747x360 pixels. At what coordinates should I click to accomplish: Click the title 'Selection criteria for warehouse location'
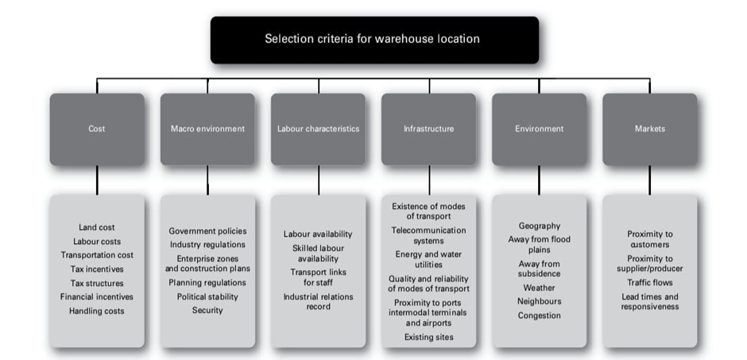click(373, 39)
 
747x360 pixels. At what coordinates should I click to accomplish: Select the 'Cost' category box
click(97, 129)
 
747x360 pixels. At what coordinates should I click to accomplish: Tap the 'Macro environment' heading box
click(207, 129)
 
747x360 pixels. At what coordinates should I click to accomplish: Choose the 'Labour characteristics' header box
click(318, 129)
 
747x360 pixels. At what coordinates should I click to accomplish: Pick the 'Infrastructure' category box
click(428, 129)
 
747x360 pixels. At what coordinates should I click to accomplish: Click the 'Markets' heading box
click(649, 129)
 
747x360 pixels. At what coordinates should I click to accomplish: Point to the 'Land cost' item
click(97, 227)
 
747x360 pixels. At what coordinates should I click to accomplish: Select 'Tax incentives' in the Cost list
click(97, 269)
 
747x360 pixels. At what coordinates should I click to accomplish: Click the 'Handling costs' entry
click(97, 311)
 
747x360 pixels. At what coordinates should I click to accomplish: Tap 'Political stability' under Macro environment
click(207, 296)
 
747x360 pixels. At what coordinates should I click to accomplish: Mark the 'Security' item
click(207, 310)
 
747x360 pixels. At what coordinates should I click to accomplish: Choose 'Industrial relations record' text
click(318, 301)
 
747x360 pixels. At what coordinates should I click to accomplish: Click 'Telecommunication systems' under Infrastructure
click(428, 235)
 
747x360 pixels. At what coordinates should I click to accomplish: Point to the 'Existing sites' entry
click(428, 338)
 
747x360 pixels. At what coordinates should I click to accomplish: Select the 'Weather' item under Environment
click(539, 288)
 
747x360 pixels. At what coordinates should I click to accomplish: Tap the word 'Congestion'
click(539, 315)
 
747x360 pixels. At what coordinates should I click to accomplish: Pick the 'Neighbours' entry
click(539, 301)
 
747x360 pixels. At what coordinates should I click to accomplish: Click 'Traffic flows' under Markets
click(649, 282)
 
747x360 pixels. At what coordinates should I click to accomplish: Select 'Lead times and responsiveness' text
click(649, 301)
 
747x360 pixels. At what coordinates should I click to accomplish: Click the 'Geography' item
click(539, 226)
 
